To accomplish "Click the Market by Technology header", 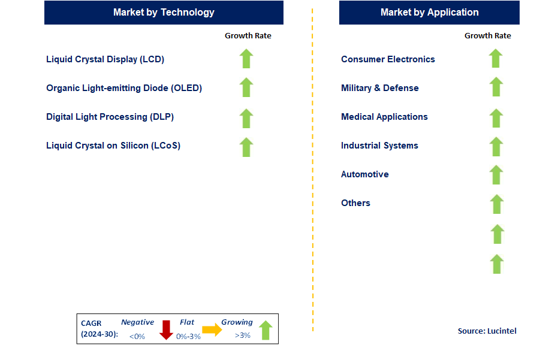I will tap(164, 12).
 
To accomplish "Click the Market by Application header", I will tap(429, 12).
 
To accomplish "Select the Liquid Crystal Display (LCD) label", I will tap(105, 59).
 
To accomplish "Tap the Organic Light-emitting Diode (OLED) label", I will tap(124, 88).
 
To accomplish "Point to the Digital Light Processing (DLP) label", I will tap(110, 117).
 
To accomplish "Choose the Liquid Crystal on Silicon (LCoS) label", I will tap(113, 146).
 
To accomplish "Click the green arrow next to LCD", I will tap(246, 59).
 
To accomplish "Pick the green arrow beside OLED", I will tap(246, 87).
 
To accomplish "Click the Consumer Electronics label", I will tap(388, 59).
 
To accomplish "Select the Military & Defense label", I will tap(380, 88).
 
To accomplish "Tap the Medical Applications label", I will tap(384, 117).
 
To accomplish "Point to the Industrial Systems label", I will tap(379, 146).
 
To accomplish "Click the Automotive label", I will tap(365, 174).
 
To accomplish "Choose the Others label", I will tap(355, 203).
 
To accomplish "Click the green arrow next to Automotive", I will tap(496, 175).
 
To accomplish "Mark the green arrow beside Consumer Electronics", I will tap(496, 59).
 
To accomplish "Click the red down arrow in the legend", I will tap(166, 329).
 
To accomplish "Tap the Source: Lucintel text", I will tap(487, 331).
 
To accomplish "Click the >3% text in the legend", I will tap(243, 335).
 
